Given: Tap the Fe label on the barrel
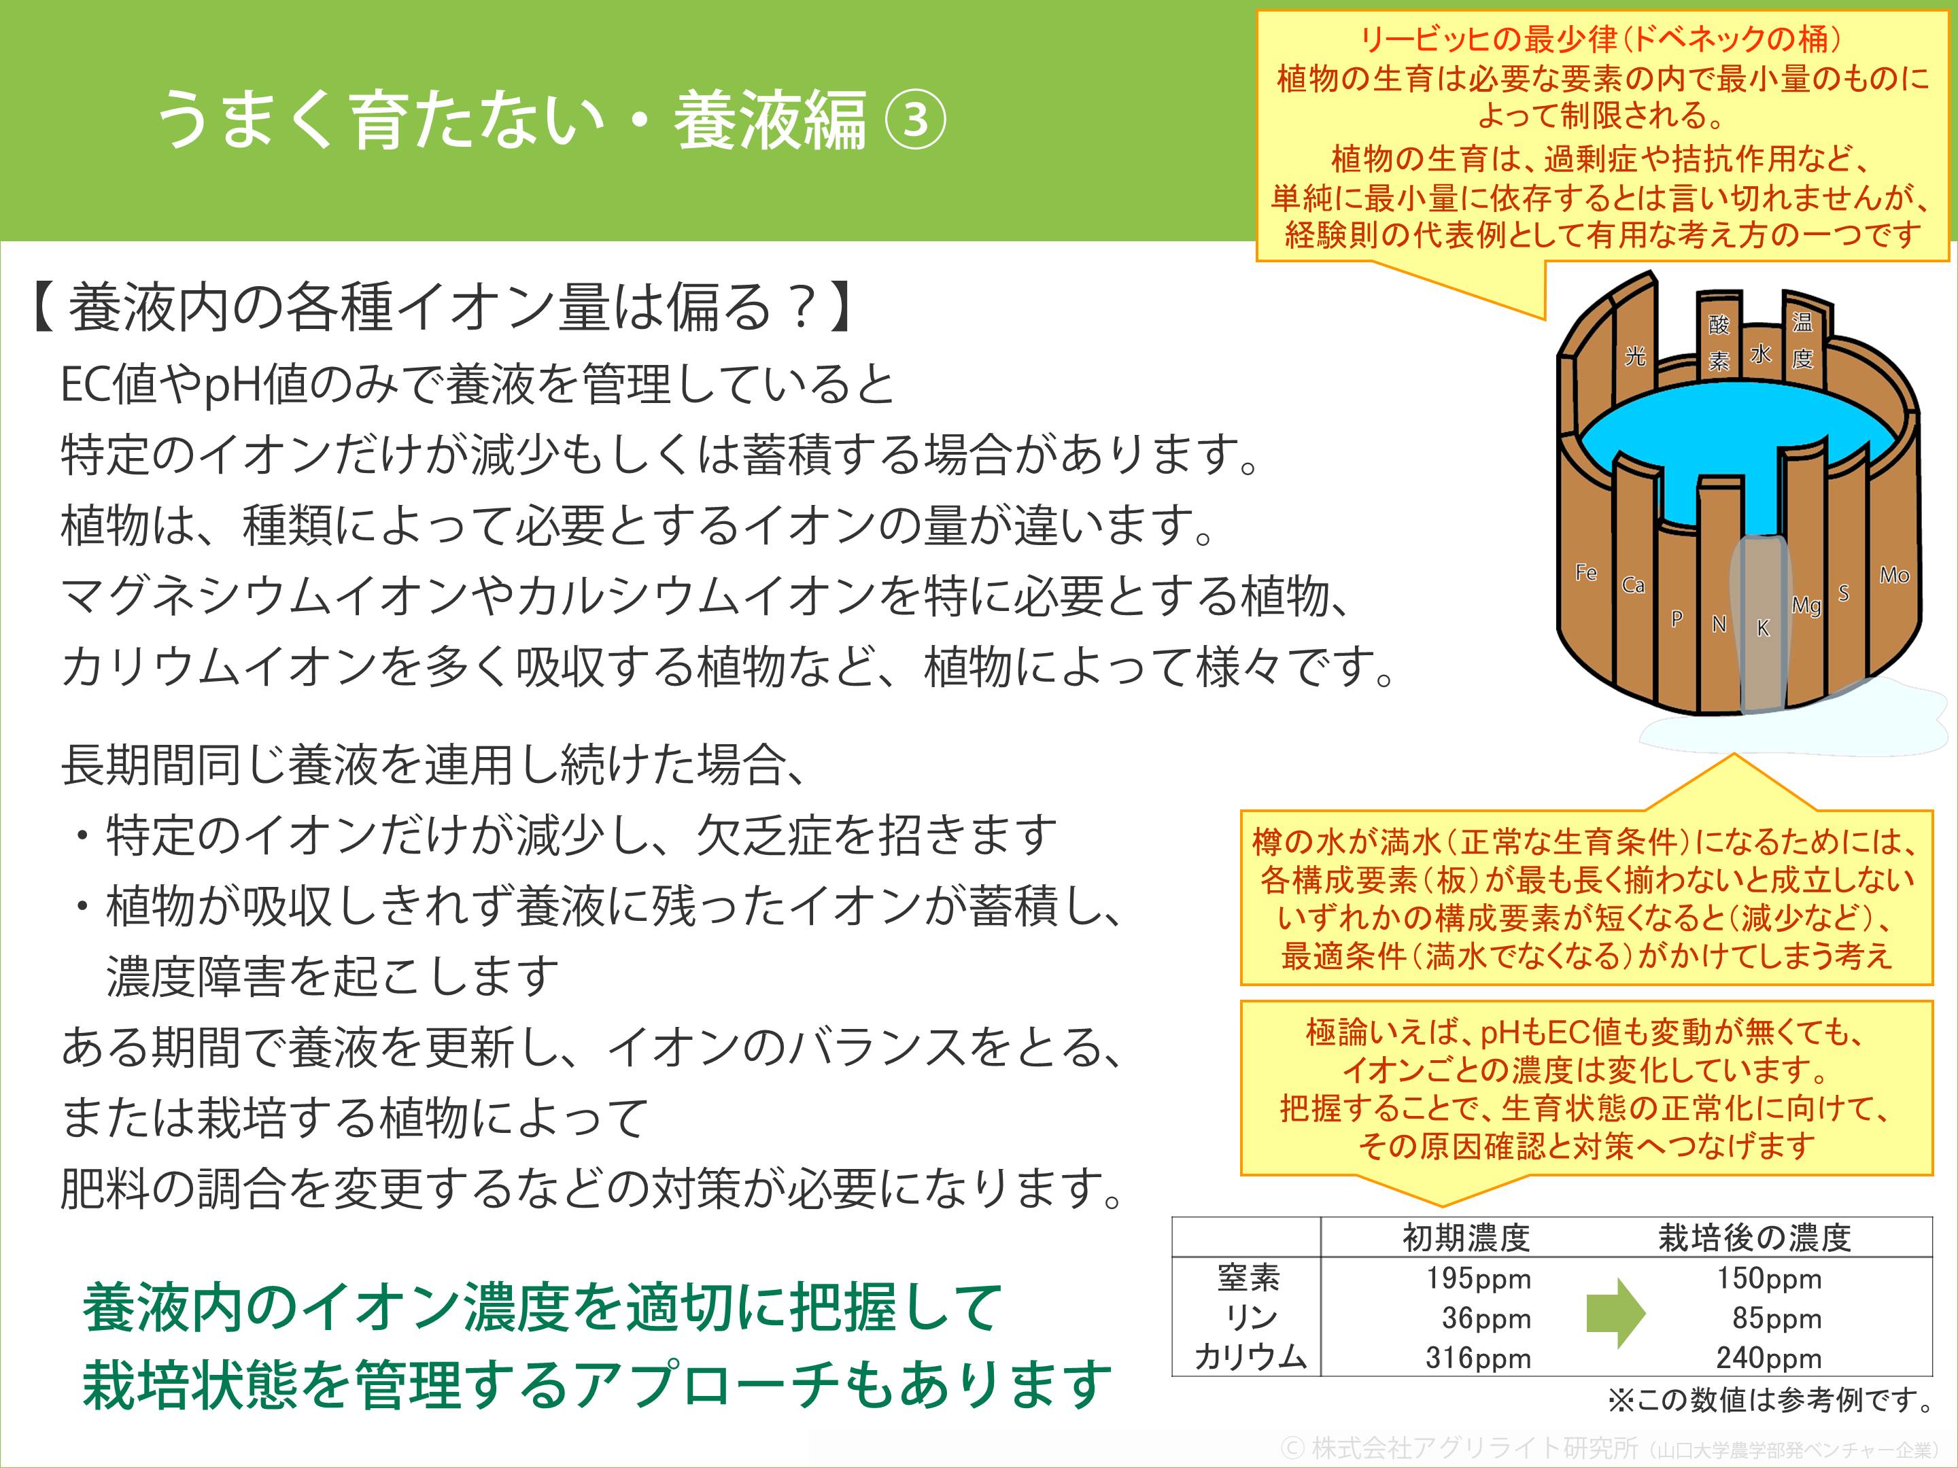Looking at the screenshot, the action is (x=1586, y=572).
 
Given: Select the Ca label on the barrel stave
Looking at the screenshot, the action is (x=1633, y=585).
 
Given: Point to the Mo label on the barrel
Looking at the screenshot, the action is (x=1894, y=575).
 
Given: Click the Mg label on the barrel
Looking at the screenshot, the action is (x=1806, y=606).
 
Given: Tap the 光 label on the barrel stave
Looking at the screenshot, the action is (x=1635, y=355).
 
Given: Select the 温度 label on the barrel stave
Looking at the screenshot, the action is (x=1802, y=340).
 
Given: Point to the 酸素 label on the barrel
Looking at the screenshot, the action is (x=1719, y=343).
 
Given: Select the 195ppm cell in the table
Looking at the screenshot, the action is (x=1478, y=1278).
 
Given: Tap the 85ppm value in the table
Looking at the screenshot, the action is (x=1776, y=1318).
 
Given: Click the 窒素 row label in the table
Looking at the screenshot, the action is (x=1249, y=1278).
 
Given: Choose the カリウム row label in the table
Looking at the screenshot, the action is (x=1250, y=1357).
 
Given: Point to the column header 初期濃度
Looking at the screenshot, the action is (x=1466, y=1238).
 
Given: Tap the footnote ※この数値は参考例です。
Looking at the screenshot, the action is (x=1770, y=1400).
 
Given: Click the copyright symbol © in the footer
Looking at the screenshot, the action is (x=1293, y=1448).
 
